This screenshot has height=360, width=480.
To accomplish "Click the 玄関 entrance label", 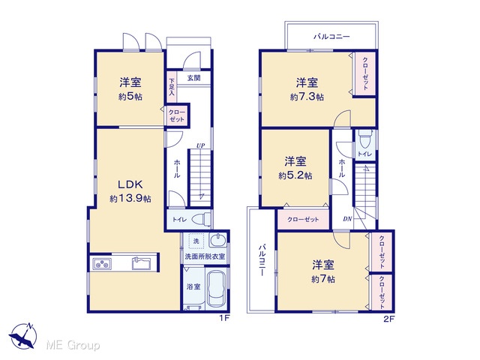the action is click(x=193, y=78).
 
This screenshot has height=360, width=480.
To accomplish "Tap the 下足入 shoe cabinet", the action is click(x=172, y=87).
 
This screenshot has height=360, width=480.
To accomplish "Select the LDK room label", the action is click(x=130, y=184).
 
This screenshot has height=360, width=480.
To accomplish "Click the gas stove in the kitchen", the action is click(x=102, y=263).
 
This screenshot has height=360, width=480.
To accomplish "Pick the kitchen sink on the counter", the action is click(x=141, y=263).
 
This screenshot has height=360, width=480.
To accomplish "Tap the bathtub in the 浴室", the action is click(x=216, y=288).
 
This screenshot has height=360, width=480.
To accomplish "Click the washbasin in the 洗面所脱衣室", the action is click(x=218, y=240).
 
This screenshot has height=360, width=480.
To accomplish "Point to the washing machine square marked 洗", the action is click(x=196, y=241).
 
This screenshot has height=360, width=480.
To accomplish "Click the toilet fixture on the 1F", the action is click(x=202, y=219).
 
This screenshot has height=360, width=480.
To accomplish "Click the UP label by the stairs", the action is click(x=200, y=145).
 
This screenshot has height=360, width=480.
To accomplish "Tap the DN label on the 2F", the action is click(x=347, y=219).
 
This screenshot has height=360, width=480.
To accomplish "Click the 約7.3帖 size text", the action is click(x=307, y=97).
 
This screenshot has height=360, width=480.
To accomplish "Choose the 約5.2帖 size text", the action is click(x=295, y=175).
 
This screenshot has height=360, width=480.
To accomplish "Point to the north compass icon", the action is click(x=23, y=336).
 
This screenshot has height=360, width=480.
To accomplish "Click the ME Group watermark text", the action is click(x=73, y=346).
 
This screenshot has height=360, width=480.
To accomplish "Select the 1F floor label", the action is click(x=224, y=318).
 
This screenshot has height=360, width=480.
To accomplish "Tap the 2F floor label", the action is click(x=389, y=319).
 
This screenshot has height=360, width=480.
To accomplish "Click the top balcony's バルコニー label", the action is click(x=331, y=37).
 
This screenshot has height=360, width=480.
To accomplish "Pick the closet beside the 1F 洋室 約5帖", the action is click(x=177, y=115).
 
